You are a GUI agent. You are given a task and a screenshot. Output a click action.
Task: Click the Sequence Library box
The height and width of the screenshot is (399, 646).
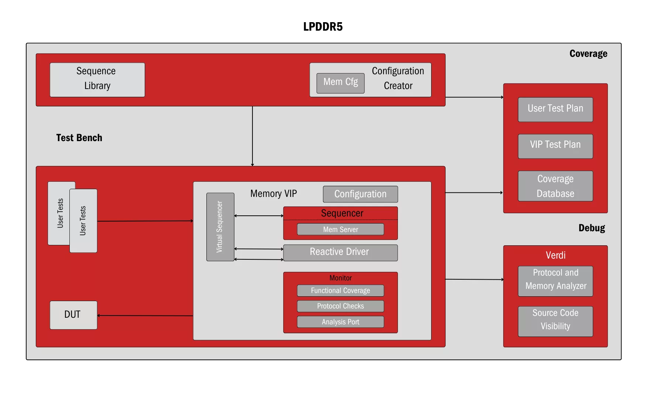click(97, 80)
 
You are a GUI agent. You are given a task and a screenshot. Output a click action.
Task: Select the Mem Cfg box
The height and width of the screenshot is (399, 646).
click(340, 83)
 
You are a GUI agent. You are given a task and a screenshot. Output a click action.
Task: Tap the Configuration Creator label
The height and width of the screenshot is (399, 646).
click(398, 78)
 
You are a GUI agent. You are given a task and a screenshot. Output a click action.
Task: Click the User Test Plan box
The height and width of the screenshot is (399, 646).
click(555, 109)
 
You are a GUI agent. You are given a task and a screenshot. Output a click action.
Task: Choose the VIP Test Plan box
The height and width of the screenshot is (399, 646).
click(555, 146)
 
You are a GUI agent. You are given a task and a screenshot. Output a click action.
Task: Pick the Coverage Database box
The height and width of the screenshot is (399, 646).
click(555, 186)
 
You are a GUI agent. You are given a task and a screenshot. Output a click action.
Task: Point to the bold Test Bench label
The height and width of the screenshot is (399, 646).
click(79, 138)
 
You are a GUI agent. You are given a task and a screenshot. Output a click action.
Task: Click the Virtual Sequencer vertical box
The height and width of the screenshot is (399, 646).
click(220, 227)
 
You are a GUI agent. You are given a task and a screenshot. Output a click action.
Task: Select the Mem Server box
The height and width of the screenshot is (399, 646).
click(340, 229)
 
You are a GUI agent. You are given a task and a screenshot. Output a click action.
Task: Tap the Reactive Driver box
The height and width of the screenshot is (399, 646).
click(340, 253)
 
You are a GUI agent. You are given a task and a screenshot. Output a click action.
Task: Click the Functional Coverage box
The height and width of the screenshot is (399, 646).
click(340, 291)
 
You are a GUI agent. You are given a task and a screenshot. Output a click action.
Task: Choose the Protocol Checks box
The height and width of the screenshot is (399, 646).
click(340, 306)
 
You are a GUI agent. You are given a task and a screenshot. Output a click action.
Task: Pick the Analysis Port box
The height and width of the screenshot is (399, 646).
click(340, 322)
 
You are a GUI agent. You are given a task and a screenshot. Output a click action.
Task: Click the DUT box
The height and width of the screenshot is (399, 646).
click(73, 315)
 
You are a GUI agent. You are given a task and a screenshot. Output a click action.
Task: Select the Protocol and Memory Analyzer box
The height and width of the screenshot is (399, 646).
click(555, 281)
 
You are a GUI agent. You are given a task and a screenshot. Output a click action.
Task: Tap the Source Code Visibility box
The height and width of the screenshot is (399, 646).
click(555, 321)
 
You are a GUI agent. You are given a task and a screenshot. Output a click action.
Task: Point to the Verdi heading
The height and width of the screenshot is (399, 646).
click(556, 255)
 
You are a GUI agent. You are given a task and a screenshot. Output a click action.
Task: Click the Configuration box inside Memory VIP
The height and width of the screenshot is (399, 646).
click(360, 194)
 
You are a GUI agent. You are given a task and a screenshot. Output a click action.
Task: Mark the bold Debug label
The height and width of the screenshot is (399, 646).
click(591, 228)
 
